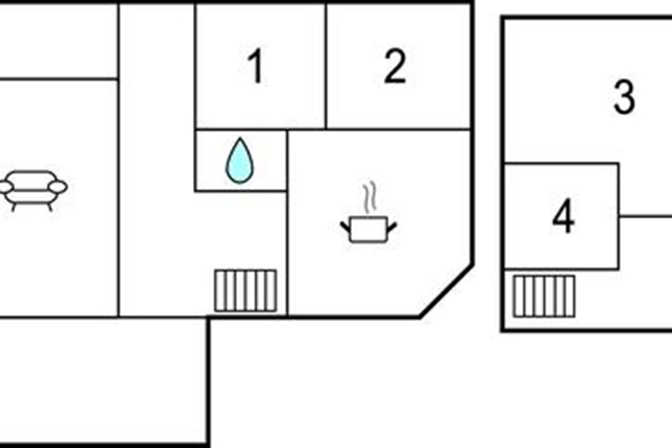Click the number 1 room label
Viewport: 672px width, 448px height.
[255, 66]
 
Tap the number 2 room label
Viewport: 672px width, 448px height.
[395, 66]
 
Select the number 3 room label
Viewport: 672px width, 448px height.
[624, 97]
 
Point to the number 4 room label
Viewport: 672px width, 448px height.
[563, 216]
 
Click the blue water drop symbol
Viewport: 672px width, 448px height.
[240, 161]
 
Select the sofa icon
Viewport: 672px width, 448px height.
[33, 191]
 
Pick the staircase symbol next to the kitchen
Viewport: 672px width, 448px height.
[245, 291]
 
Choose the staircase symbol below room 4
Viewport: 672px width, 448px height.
[544, 296]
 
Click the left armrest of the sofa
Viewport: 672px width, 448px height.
[6, 187]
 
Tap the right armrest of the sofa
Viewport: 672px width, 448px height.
[58, 187]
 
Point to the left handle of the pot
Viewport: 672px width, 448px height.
[345, 227]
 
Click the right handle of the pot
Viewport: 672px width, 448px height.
[392, 227]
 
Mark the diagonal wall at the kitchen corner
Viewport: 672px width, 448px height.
[446, 291]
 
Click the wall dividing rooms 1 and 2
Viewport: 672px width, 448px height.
[326, 66]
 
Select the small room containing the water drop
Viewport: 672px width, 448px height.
[241, 161]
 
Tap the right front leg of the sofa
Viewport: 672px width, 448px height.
[50, 207]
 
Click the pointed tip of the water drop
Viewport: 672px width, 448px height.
[240, 138]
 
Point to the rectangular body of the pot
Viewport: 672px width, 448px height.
[368, 229]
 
